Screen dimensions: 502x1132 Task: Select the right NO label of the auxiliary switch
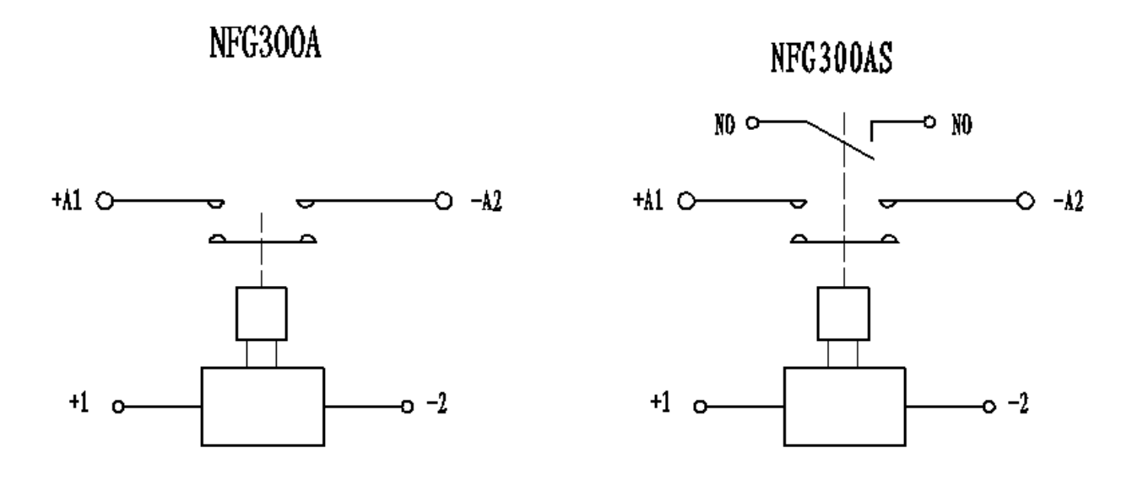961,124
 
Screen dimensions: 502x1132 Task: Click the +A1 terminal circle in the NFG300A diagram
105,202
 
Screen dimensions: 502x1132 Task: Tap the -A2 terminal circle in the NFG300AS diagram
1026,202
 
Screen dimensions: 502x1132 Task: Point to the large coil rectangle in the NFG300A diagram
262,406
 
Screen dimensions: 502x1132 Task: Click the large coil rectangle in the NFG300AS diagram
845,406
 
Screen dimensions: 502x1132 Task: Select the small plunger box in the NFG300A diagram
262,312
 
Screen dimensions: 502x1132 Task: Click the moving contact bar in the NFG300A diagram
262,243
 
